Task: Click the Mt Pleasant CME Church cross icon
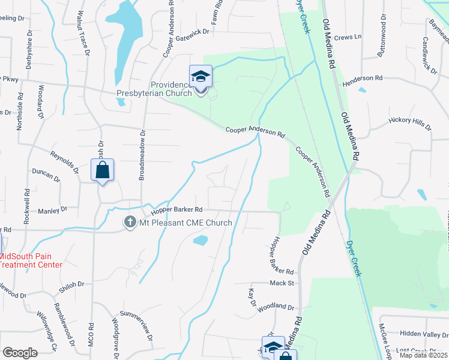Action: pos(129,223)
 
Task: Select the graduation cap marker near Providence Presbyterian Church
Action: pos(201,76)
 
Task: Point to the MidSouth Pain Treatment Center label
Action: pos(31,260)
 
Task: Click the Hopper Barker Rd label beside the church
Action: pos(178,209)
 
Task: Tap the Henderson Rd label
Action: pos(362,78)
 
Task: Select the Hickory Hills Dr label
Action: pos(411,124)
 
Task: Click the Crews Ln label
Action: pos(349,37)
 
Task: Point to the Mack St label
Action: pos(281,282)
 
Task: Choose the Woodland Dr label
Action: pos(276,308)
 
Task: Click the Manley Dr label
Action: pos(52,210)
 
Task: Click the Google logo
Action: pos(20,352)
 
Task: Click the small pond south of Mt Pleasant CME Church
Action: pos(200,241)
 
